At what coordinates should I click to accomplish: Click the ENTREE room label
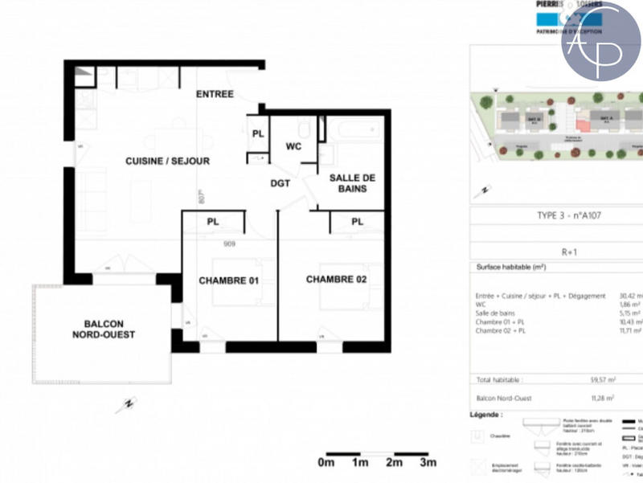coord(215,94)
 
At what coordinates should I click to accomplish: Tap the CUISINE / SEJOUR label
coord(167,161)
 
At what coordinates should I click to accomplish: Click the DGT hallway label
coord(280,183)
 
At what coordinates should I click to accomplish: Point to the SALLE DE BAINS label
coord(347,182)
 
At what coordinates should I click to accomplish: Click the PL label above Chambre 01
coord(213,221)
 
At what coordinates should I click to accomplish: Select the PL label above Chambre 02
coord(357,221)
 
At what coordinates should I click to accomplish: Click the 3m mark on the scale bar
coord(428,463)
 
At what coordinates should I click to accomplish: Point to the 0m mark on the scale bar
coord(326,463)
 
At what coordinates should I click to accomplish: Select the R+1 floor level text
coord(568,252)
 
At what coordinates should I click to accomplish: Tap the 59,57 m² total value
coord(602,380)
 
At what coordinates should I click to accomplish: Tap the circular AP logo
coord(601,42)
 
